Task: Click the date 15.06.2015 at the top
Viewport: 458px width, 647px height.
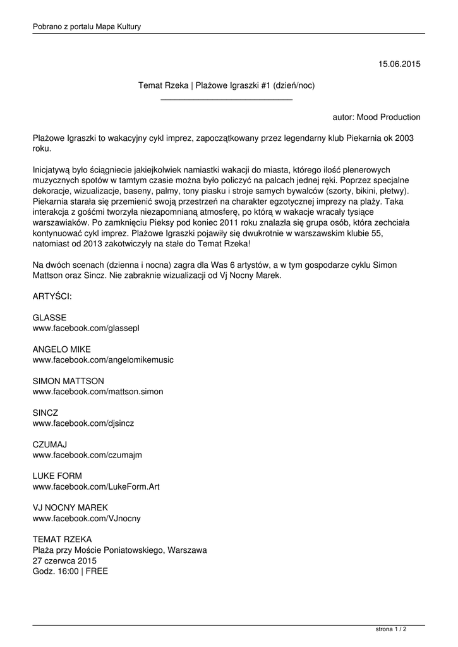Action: tap(399, 63)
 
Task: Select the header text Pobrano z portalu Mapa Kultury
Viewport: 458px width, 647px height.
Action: tap(87, 27)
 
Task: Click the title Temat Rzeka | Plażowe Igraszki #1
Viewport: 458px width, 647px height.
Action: tap(226, 85)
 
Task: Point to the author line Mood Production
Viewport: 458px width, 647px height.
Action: tap(376, 117)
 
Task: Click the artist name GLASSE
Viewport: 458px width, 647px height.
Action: tap(49, 318)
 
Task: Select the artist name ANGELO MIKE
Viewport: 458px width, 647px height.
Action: tap(61, 349)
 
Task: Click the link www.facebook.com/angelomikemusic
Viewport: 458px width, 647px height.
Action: tap(103, 360)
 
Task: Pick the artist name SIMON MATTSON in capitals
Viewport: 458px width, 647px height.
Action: tap(68, 381)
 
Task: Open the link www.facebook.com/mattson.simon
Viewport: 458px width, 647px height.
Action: tap(98, 392)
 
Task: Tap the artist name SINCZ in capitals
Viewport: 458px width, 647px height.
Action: tap(45, 413)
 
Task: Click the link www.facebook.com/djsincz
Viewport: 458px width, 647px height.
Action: tap(83, 423)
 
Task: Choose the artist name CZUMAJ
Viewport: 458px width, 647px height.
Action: tap(50, 444)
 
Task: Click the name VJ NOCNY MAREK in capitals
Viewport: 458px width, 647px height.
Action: tap(70, 507)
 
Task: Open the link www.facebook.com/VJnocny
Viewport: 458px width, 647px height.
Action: tap(87, 518)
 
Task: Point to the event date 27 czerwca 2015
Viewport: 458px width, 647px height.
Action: tap(64, 560)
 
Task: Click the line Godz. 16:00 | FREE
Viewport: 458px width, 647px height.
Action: tap(70, 571)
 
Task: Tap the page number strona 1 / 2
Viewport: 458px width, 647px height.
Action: tap(391, 629)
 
